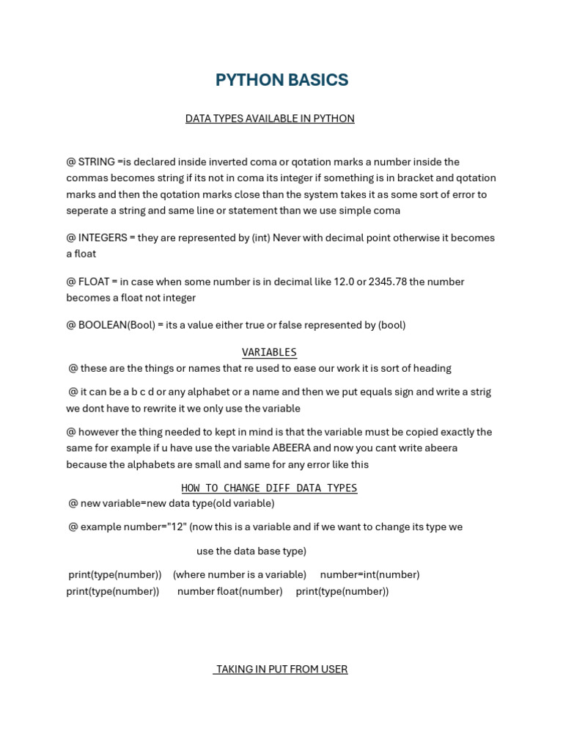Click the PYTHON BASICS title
tap(281, 81)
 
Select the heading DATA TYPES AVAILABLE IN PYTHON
tap(270, 119)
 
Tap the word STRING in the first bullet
tap(96, 162)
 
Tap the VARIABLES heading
tap(269, 353)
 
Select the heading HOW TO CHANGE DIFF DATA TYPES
tap(269, 488)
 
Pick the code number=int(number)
tap(369, 575)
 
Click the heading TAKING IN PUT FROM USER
tap(281, 670)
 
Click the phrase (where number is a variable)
tap(240, 575)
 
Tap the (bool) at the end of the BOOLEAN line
tap(391, 325)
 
